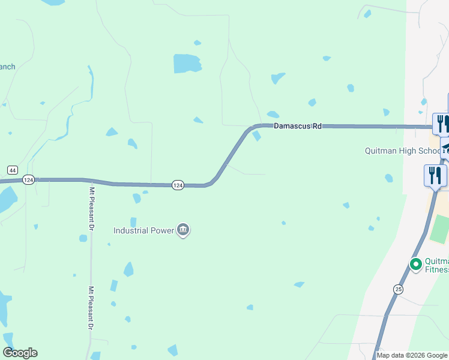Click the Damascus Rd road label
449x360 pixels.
click(298, 126)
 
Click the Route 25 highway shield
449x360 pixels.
click(398, 289)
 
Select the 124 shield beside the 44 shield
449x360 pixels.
click(28, 179)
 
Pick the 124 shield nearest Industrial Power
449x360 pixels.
click(178, 185)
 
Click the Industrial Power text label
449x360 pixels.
click(143, 230)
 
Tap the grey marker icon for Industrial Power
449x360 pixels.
click(184, 230)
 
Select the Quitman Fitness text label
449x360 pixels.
click(436, 265)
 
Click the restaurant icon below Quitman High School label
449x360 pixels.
click(435, 175)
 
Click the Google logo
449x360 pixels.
click(20, 353)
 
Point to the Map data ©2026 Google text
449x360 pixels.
click(412, 355)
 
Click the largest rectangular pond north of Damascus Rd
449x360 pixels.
click(187, 64)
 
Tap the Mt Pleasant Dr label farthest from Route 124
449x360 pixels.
click(92, 308)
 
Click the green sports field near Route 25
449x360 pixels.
click(440, 229)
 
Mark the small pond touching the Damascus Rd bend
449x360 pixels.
click(257, 136)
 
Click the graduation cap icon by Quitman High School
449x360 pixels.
click(445, 146)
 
